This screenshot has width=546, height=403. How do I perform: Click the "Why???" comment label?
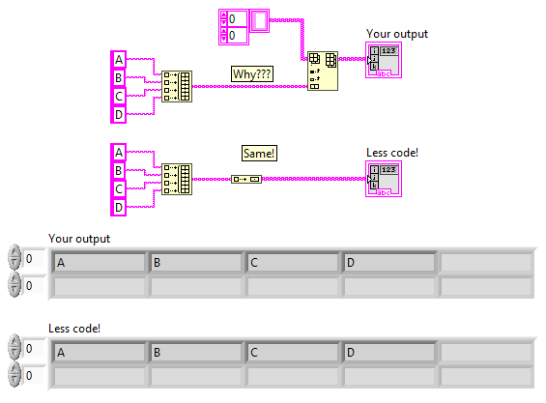(x=250, y=73)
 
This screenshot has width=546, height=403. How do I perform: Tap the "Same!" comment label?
(x=259, y=153)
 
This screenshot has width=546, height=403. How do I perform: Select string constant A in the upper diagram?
(x=120, y=61)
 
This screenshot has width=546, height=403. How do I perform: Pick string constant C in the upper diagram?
(x=120, y=97)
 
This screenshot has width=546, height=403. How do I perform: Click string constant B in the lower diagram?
(x=120, y=170)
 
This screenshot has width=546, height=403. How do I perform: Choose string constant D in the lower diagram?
(x=120, y=207)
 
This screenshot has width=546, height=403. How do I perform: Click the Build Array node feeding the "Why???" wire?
(x=177, y=86)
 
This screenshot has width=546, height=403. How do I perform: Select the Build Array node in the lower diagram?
(x=177, y=179)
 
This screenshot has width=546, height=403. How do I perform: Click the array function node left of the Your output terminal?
(x=323, y=72)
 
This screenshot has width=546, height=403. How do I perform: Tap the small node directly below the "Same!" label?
(x=246, y=179)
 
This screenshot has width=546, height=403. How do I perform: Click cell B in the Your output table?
(x=195, y=262)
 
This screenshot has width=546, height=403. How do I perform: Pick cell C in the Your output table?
(x=292, y=262)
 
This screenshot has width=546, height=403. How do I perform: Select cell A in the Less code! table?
(x=99, y=352)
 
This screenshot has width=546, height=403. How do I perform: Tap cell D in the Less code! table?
(x=388, y=352)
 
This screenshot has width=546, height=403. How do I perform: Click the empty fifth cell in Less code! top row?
(x=485, y=352)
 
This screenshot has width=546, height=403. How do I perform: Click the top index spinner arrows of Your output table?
(x=14, y=259)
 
